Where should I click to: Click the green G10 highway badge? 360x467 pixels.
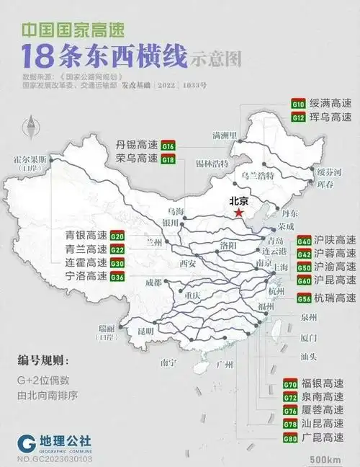click(298, 104)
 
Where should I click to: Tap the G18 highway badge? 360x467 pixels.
click(168, 159)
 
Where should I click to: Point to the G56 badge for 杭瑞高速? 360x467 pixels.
click(304, 298)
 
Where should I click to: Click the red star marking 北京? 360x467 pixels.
click(238, 213)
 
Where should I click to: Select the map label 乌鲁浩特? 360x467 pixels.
click(256, 175)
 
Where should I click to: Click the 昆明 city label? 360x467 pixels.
click(148, 331)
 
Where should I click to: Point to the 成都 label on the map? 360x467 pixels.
click(153, 283)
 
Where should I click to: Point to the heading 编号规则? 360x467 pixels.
click(43, 360)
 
